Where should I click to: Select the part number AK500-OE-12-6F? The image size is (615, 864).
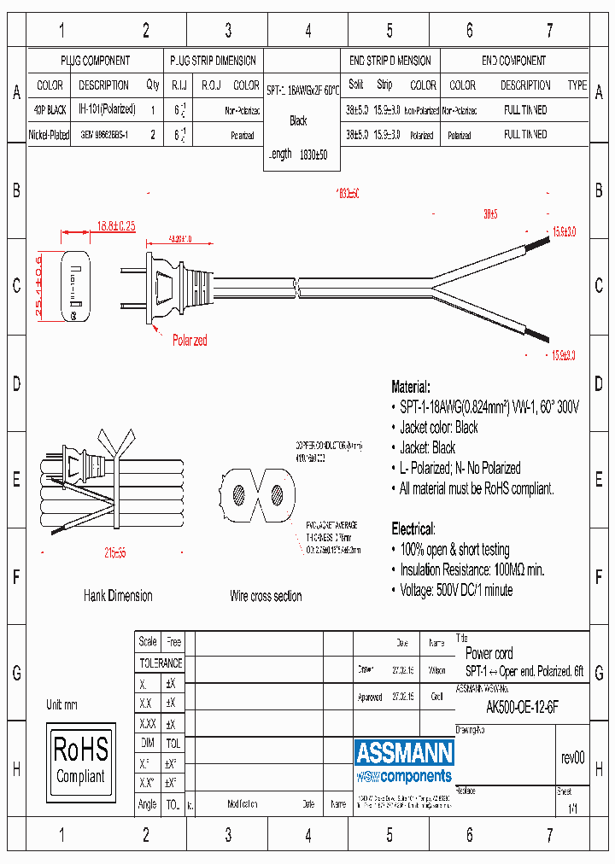click(x=522, y=707)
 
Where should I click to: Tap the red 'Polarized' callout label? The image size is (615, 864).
click(x=190, y=340)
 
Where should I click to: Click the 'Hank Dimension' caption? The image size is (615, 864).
click(x=118, y=596)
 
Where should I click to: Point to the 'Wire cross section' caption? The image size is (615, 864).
click(x=266, y=596)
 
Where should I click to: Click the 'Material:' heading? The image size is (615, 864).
click(x=411, y=387)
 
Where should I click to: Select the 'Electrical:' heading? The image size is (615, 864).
click(x=413, y=528)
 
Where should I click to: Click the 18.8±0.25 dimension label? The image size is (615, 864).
click(x=112, y=226)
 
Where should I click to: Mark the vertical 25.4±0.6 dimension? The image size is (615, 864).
click(x=39, y=287)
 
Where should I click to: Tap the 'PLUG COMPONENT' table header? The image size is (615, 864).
click(x=95, y=61)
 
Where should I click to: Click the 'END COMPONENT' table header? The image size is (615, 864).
click(x=513, y=61)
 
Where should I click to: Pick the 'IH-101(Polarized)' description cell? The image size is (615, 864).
click(x=107, y=109)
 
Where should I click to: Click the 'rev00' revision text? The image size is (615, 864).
click(x=572, y=758)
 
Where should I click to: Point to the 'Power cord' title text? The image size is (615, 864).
click(x=489, y=653)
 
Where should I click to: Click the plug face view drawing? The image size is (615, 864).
click(x=75, y=287)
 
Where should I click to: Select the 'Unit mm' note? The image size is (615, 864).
click(x=61, y=705)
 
